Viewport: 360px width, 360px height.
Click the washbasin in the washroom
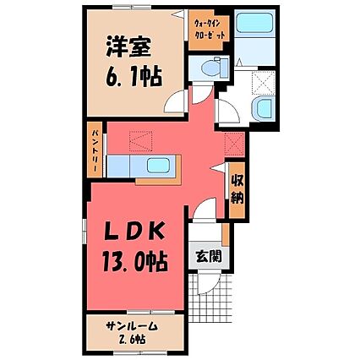(264, 108)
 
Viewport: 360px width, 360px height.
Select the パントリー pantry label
(95, 150)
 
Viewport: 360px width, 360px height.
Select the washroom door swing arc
(226, 111)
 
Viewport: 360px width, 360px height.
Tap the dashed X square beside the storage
(235, 144)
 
